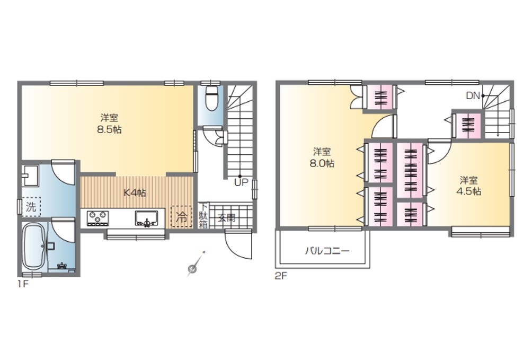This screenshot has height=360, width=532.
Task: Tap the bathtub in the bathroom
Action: click(x=34, y=245)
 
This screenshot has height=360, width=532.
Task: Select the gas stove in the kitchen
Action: click(x=98, y=218)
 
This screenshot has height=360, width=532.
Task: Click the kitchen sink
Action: click(x=146, y=218)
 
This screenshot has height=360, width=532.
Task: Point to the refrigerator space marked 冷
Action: click(x=182, y=217)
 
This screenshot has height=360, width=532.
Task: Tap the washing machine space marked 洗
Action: click(x=31, y=207)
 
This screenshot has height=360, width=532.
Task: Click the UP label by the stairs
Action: click(x=241, y=182)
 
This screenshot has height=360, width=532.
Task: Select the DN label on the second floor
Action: click(x=473, y=96)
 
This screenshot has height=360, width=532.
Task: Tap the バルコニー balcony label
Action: click(x=327, y=251)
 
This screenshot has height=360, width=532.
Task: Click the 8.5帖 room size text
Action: click(x=109, y=130)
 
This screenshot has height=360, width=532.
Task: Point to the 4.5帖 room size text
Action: click(x=468, y=191)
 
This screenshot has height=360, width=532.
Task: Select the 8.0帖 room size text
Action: click(x=322, y=163)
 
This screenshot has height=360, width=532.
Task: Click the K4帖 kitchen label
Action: click(x=135, y=193)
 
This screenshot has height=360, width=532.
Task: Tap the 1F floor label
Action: click(x=23, y=284)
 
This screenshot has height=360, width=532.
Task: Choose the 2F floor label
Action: click(x=281, y=276)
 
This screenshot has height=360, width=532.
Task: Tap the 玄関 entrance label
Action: click(x=226, y=217)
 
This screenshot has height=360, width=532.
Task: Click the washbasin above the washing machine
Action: click(x=30, y=175)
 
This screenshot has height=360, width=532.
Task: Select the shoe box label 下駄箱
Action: click(x=203, y=216)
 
